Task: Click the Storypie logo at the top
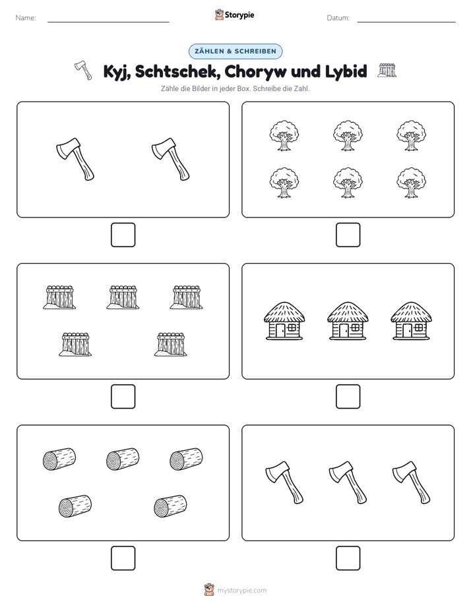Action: [x=235, y=15]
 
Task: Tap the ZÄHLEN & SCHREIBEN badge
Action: [x=235, y=51]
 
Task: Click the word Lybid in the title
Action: [x=346, y=71]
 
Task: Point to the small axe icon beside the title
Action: [x=83, y=70]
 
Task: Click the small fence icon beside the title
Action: [x=387, y=70]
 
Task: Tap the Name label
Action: [x=26, y=18]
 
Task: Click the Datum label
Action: [x=338, y=18]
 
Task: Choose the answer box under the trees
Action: [x=348, y=235]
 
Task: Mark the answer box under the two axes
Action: [x=123, y=235]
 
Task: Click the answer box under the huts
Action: [x=348, y=397]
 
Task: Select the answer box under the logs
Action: [x=123, y=558]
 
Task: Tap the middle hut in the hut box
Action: [x=348, y=321]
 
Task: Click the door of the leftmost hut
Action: [x=280, y=330]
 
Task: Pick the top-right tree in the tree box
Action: [x=411, y=136]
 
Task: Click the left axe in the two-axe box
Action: [x=75, y=158]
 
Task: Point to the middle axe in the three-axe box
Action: [x=348, y=482]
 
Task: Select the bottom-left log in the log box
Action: [x=75, y=506]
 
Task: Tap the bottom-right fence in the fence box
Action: [x=171, y=344]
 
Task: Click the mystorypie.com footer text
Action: [x=241, y=591]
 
